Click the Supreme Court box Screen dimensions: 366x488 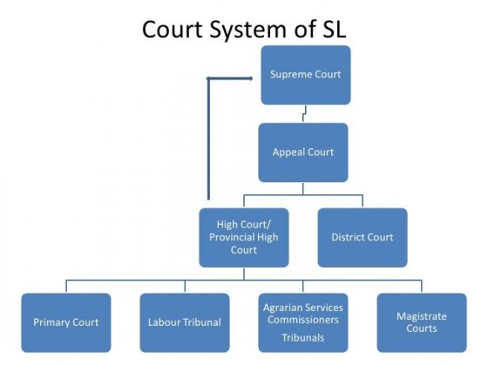click(305, 74)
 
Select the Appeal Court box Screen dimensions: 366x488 click(302, 152)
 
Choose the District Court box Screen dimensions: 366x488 click(362, 236)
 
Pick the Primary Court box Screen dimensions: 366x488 click(66, 322)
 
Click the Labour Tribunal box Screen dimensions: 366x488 click(184, 322)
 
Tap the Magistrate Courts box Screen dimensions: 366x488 click(421, 322)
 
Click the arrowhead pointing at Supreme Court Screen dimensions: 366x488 click(210, 79)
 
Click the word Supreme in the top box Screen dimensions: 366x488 click(291, 74)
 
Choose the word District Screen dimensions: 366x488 click(349, 236)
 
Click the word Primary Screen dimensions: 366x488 click(51, 322)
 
